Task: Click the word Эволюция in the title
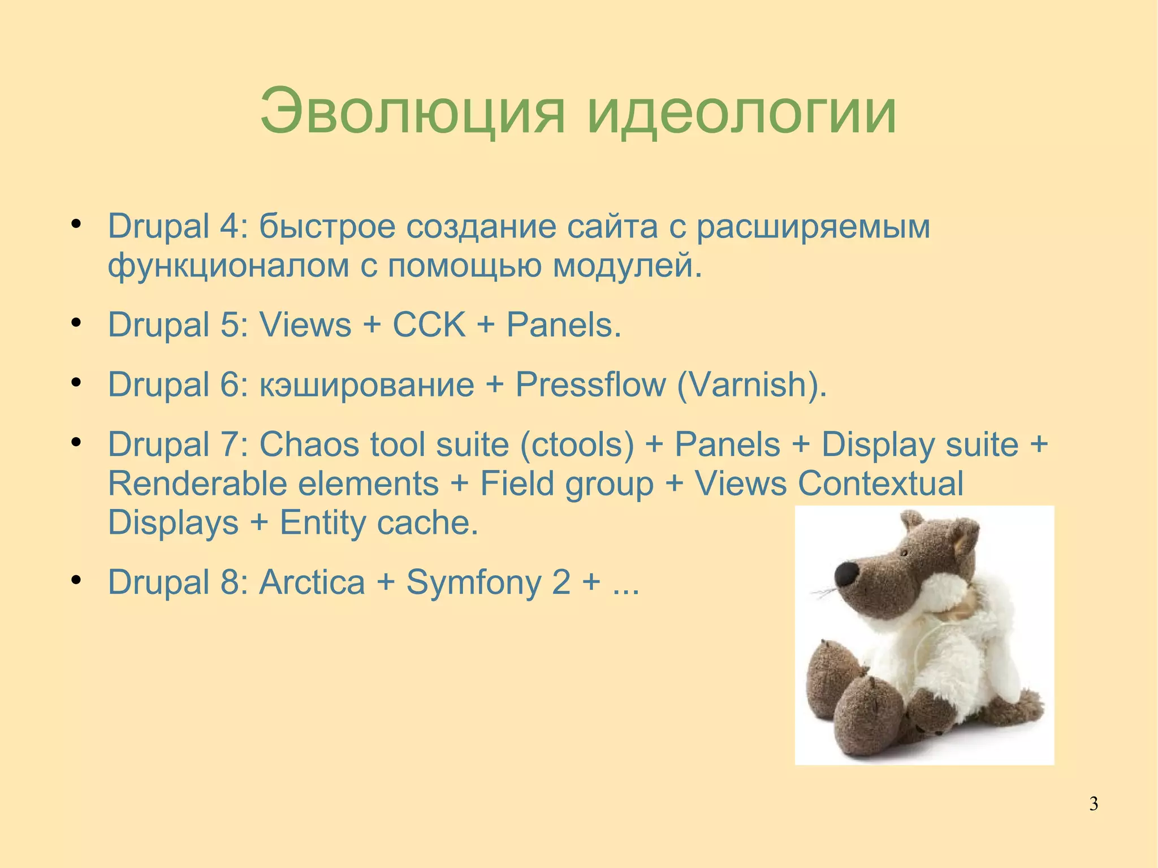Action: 412,111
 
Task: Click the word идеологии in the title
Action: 741,111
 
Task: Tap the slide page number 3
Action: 1094,804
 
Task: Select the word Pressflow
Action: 591,385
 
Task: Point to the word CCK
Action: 429,325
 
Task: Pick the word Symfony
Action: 474,582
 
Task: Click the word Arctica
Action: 312,582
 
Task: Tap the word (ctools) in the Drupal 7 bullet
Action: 577,444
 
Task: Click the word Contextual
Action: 880,484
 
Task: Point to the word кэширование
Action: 366,385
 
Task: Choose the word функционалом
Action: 228,266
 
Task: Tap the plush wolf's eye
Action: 904,552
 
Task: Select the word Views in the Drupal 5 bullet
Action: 305,325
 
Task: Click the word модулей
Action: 626,266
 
